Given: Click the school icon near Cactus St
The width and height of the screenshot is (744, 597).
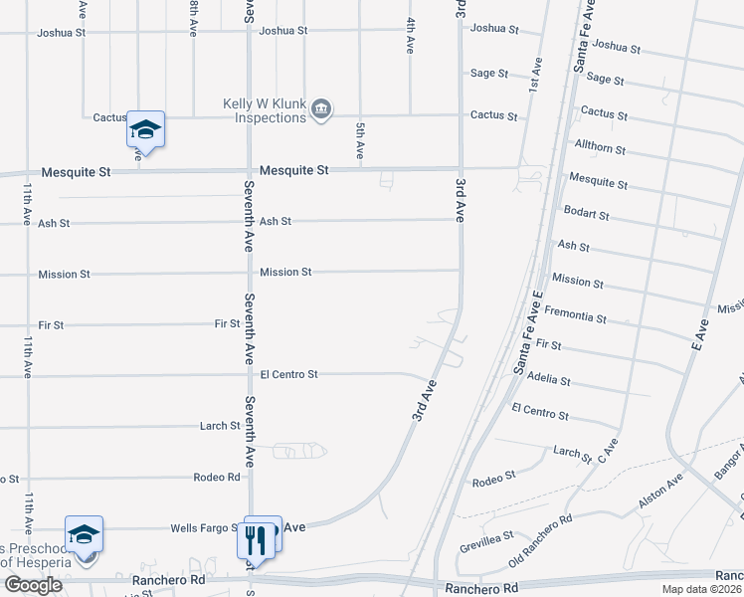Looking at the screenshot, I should tap(145, 130).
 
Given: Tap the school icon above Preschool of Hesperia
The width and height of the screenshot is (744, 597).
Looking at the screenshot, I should tap(85, 534).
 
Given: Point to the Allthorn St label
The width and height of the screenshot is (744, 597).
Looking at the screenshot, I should tap(601, 149).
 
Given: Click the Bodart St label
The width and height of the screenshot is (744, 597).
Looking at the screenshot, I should tap(586, 214).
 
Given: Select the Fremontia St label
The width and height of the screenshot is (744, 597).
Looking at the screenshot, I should tap(575, 318).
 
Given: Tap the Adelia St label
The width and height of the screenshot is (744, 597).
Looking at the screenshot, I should tap(550, 380).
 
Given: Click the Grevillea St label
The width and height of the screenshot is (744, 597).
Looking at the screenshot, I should tap(483, 547).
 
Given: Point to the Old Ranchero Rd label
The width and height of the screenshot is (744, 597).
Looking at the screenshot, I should tap(540, 541).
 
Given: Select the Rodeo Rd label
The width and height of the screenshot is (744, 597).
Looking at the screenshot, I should tap(220, 477).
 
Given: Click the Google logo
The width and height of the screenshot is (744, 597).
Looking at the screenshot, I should tap(33, 585).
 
